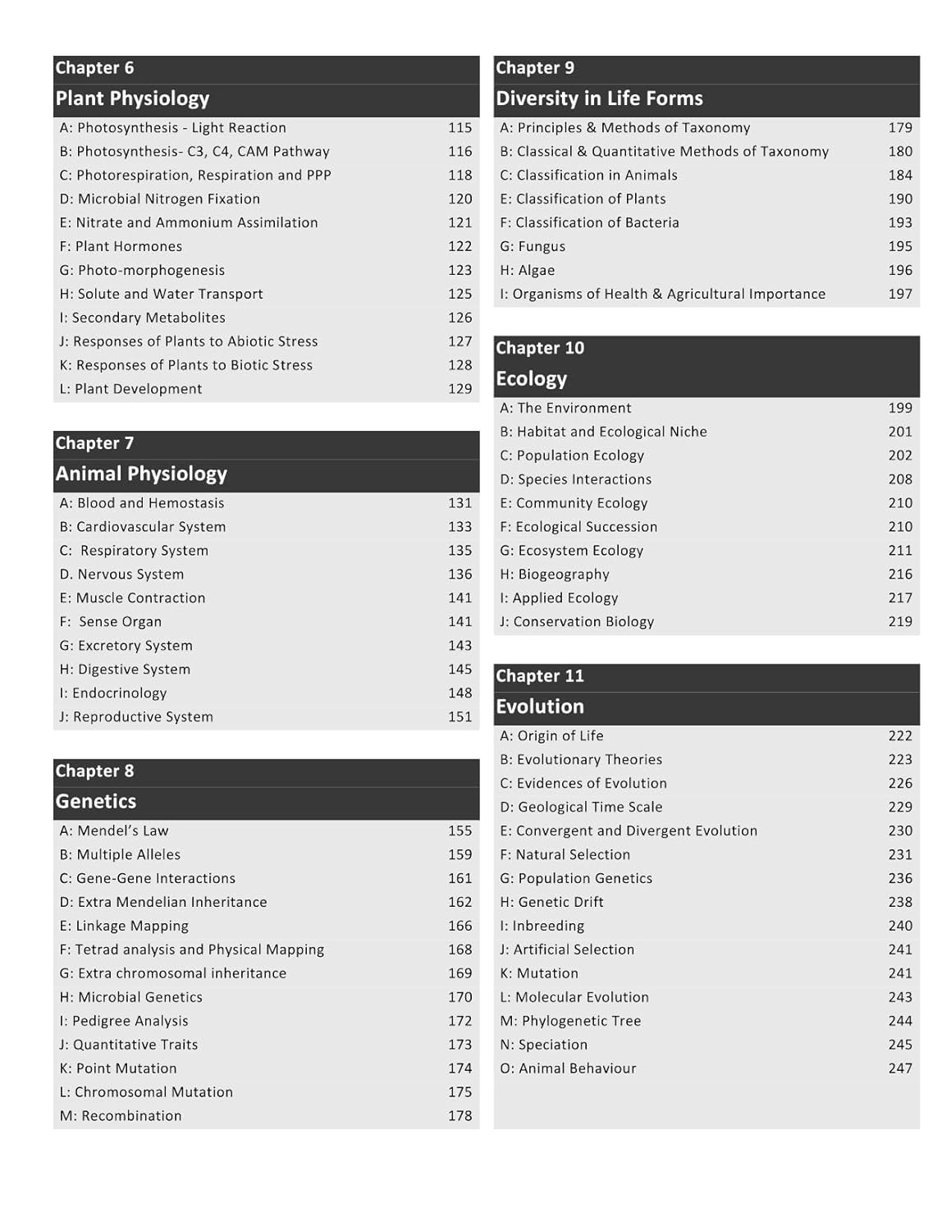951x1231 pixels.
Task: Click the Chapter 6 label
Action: click(94, 68)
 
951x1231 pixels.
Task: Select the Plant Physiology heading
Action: click(132, 98)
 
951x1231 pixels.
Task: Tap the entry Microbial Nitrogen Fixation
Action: click(160, 199)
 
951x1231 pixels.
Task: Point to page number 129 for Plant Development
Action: click(459, 389)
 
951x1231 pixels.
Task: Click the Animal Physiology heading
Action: click(141, 474)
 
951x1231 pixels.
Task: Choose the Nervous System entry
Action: click(121, 574)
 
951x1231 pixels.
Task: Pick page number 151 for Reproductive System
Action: click(459, 717)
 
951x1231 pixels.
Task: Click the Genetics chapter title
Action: click(96, 802)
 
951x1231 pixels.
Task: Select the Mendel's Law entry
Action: click(114, 831)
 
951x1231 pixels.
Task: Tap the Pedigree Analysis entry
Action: click(124, 1021)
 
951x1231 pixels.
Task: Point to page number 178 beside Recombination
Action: click(459, 1116)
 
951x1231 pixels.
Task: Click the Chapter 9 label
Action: click(535, 68)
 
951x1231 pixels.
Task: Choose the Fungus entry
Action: click(533, 246)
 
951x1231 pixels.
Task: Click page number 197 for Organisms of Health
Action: click(900, 294)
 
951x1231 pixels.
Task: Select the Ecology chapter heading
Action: click(531, 378)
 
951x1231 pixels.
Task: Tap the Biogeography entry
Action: click(555, 574)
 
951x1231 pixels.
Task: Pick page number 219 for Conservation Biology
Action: click(900, 622)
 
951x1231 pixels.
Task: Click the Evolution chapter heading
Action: click(540, 707)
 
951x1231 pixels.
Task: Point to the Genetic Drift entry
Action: click(551, 902)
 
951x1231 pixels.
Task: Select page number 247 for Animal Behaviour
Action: click(900, 1069)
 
